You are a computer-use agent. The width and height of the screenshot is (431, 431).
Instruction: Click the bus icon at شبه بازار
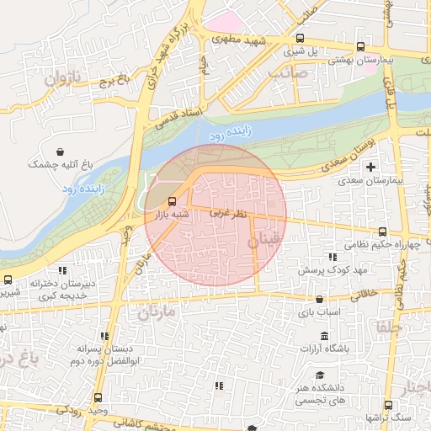pyautogui.click(x=173, y=202)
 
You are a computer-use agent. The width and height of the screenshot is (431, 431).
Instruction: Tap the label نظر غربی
pyautogui.click(x=228, y=215)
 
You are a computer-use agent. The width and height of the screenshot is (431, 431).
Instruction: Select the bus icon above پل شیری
pyautogui.click(x=301, y=38)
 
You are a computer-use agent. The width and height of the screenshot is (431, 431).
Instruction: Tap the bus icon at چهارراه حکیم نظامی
pyautogui.click(x=383, y=232)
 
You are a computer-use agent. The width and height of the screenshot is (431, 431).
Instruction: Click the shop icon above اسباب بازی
pyautogui.click(x=319, y=299)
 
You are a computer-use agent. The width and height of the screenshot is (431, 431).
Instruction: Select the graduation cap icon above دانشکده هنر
pyautogui.click(x=319, y=375)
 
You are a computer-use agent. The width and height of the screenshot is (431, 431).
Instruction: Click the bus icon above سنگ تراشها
pyautogui.click(x=388, y=405)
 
